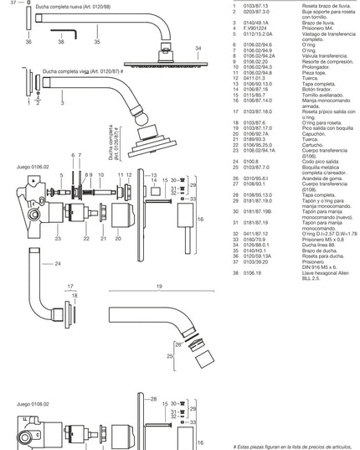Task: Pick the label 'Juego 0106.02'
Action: [x=33, y=167]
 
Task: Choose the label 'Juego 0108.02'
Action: [x=33, y=404]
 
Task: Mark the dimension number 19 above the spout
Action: [x=159, y=287]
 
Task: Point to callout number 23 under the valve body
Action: [x=56, y=239]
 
